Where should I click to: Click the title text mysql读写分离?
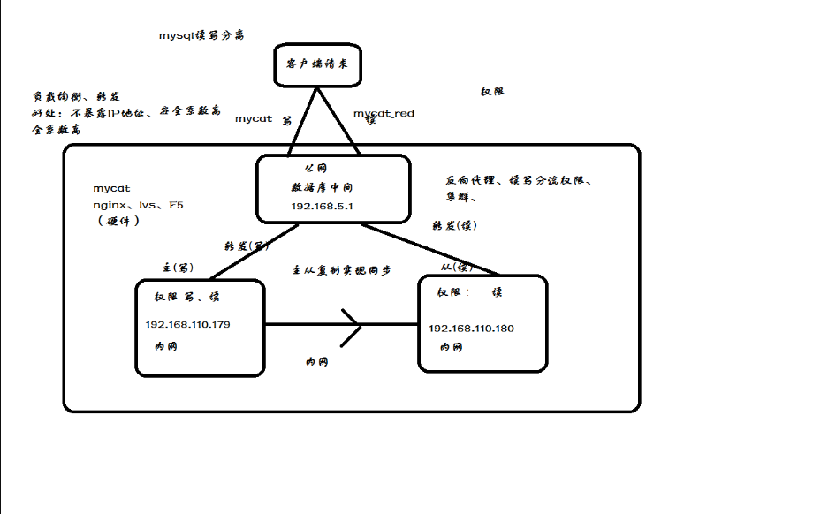(201, 35)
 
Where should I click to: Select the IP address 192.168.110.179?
(188, 325)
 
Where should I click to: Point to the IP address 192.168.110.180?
(471, 329)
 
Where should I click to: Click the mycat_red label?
(384, 114)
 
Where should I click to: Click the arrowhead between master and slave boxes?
(351, 325)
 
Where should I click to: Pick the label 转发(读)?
(454, 225)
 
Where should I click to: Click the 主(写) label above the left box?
(179, 267)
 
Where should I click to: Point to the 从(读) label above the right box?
(457, 267)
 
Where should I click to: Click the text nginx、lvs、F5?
(138, 205)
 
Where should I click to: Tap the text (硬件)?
(118, 221)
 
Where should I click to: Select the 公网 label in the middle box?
(315, 168)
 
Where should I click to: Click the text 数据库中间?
(323, 187)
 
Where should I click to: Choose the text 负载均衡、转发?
(76, 96)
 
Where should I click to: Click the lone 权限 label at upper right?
(492, 92)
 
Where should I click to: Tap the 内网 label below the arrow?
(316, 362)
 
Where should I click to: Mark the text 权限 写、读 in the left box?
(186, 297)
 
